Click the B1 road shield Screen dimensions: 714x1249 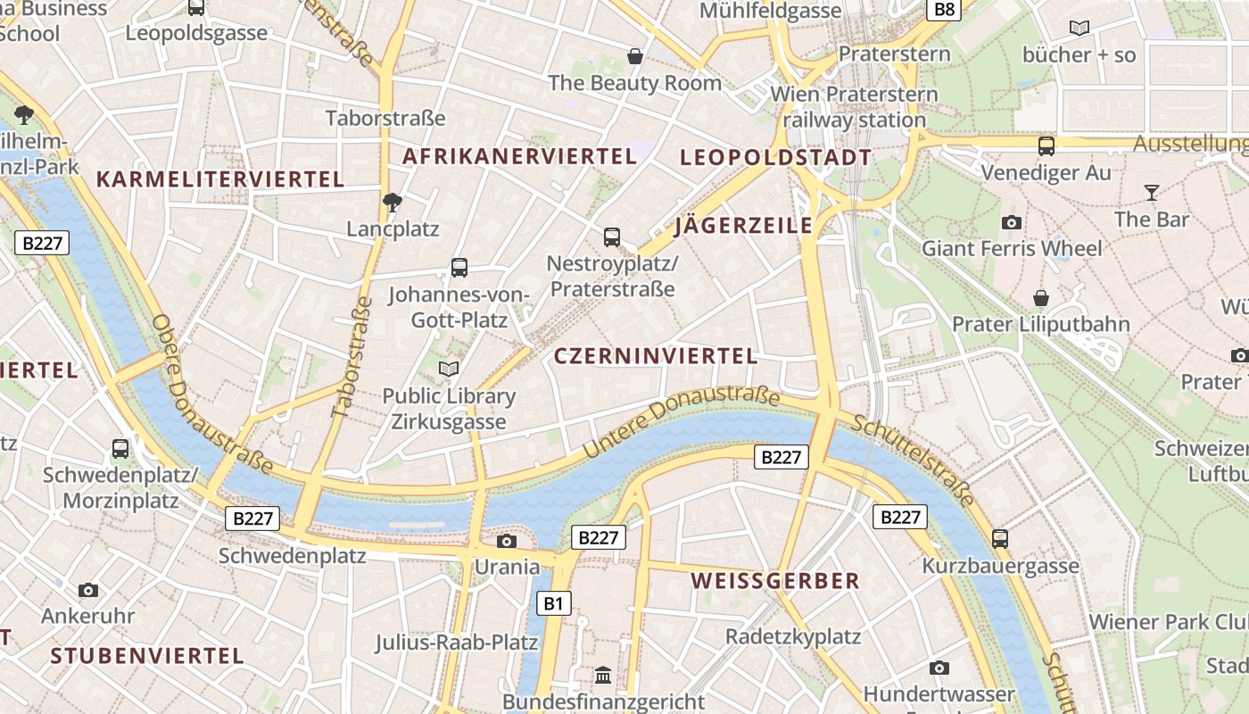[x=554, y=604]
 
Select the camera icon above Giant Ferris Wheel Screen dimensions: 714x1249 [x=1012, y=222]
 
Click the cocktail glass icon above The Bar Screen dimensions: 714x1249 [x=1152, y=192]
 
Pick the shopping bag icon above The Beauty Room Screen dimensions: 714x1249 [x=635, y=56]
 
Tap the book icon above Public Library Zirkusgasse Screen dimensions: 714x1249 [x=449, y=369]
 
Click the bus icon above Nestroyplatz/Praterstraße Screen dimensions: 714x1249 [x=612, y=237]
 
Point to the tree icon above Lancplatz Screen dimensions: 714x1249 [x=392, y=203]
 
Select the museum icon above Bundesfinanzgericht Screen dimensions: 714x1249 [x=603, y=675]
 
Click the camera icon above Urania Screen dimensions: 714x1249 [x=507, y=541]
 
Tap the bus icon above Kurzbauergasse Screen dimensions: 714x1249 [x=1000, y=538]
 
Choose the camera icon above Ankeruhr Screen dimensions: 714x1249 [x=87, y=590]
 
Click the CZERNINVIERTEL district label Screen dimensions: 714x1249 [x=656, y=356]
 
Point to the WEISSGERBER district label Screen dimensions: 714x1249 [x=775, y=581]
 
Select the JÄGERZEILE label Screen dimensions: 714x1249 [x=744, y=225]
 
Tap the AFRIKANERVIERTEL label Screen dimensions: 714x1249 [x=519, y=156]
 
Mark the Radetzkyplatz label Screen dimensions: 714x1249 [x=793, y=636]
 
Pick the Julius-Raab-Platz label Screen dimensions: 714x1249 [x=457, y=643]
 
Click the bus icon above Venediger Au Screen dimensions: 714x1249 [x=1046, y=145]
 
